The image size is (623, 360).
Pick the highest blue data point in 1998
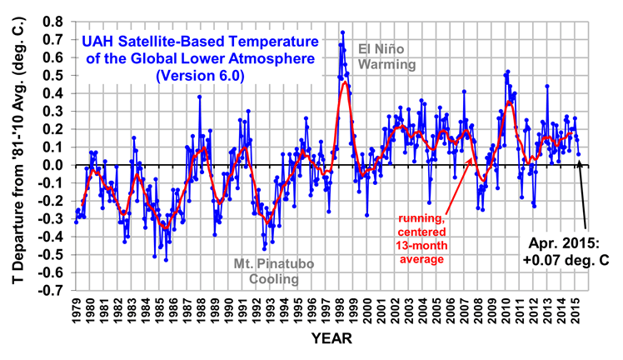pyautogui.click(x=342, y=32)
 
